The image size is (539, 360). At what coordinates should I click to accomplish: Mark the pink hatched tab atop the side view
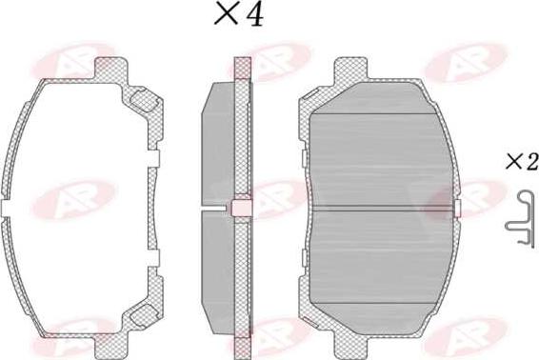point(242,67)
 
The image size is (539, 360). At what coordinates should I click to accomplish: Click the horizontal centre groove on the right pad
point(381,208)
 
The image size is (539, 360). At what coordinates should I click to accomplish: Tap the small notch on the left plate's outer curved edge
point(7,208)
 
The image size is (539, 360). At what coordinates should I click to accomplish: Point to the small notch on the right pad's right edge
point(458,208)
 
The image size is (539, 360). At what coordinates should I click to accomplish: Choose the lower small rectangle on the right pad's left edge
point(302,254)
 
